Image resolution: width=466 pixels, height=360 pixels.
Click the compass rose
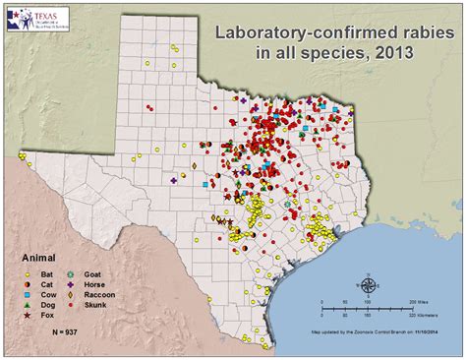tap(369, 286)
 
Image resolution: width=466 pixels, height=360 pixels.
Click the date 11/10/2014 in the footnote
tap(435, 332)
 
